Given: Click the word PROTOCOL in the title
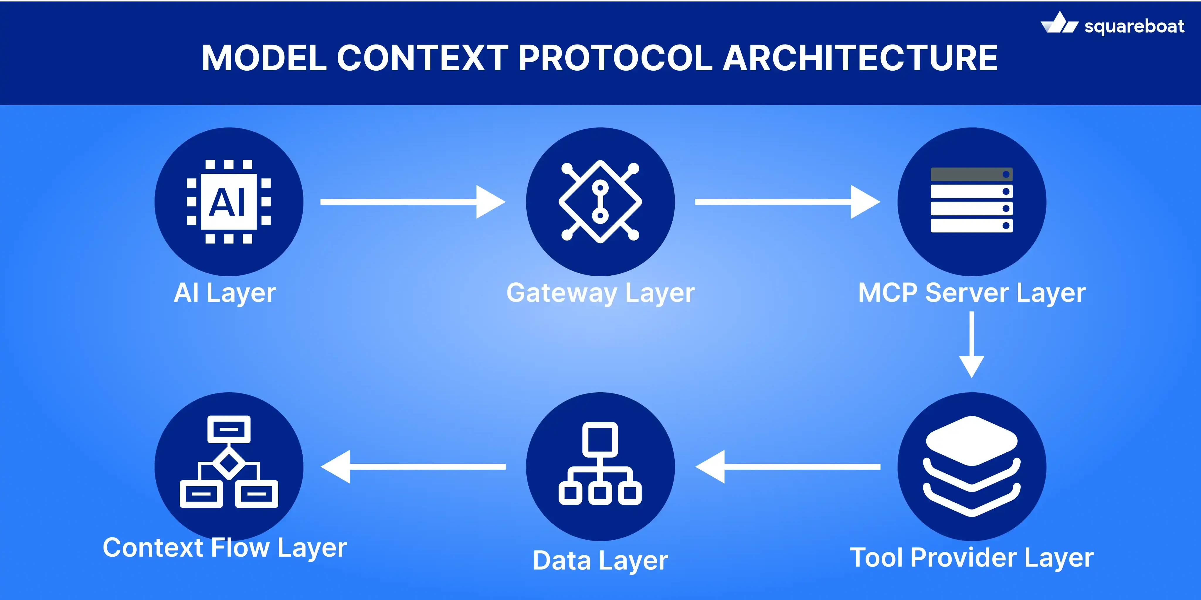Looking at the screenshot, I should coord(615,58).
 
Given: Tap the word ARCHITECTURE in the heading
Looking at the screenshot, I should coord(860,58).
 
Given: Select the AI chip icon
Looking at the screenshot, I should coord(228,202).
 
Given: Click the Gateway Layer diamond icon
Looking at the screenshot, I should coord(600,202).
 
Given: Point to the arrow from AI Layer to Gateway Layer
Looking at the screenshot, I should coord(413,202).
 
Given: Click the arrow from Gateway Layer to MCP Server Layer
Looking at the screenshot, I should coord(787,202).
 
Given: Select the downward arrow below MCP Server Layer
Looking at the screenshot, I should coord(972,345).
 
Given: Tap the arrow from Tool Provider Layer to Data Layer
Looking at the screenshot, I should coord(788,466).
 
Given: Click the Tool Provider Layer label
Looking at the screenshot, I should coord(972,558).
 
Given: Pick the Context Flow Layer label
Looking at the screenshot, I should coord(225,548).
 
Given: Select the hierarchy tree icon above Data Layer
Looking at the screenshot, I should coord(600,463).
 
